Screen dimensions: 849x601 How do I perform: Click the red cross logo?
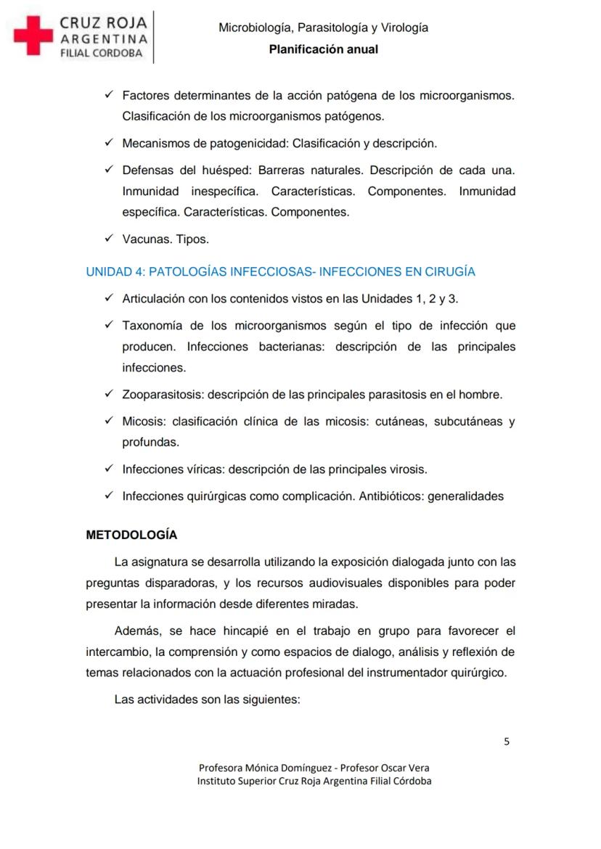pos(33,35)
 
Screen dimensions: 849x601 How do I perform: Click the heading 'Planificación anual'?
pos(323,49)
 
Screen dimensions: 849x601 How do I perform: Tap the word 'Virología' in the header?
pos(402,28)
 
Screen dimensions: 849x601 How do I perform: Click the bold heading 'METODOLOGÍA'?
pos(131,535)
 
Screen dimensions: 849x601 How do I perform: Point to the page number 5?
pos(507,741)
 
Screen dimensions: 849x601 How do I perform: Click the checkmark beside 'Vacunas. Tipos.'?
pos(108,239)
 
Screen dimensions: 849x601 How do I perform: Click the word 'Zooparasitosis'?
pos(163,395)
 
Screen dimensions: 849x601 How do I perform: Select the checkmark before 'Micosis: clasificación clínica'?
pos(108,421)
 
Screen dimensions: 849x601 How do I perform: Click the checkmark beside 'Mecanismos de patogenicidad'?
pos(108,143)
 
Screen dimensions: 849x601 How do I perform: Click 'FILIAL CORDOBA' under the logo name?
pos(101,53)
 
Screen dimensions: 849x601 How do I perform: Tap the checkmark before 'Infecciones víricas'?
pos(108,469)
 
